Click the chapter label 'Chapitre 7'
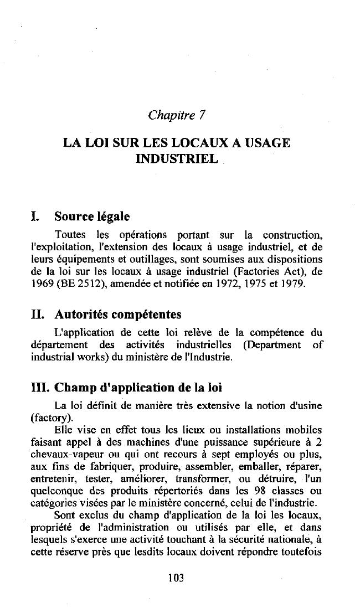[177, 116]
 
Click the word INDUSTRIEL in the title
[177, 159]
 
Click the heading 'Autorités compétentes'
[118, 315]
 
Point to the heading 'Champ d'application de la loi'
[138, 388]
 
